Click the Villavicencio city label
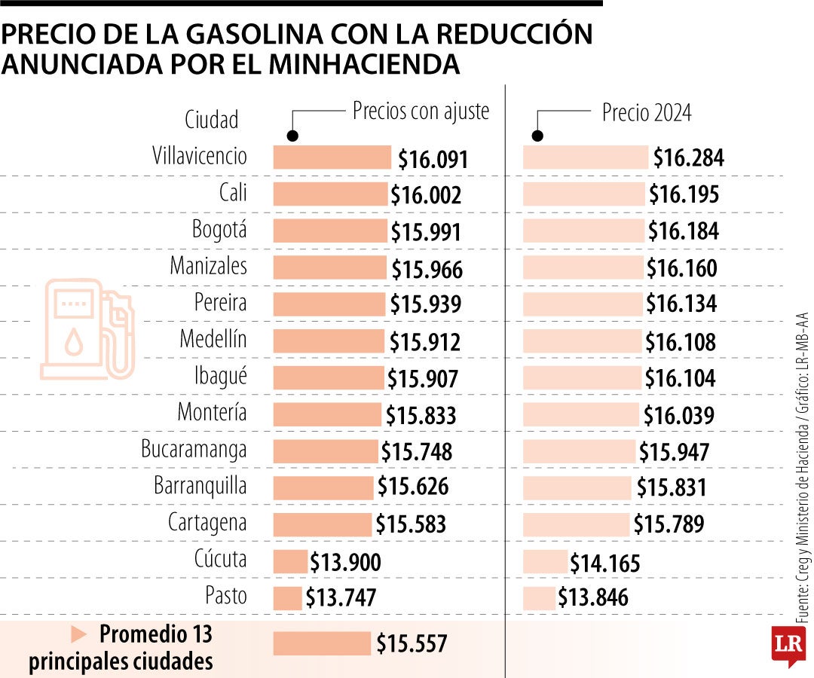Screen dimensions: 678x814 point(199,156)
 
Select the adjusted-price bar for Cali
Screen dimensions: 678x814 point(330,194)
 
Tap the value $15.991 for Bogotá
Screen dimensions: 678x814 point(425,232)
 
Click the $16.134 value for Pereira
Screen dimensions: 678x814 point(681,304)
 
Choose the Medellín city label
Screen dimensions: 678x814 point(213,340)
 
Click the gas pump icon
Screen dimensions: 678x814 point(87,328)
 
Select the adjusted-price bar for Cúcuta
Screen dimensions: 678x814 point(290,561)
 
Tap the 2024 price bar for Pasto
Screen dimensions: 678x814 point(539,597)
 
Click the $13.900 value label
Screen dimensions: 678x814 point(346,563)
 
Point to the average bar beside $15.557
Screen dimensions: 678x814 point(322,643)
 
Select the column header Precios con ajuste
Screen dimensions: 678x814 point(421,111)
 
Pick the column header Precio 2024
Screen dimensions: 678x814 point(646,113)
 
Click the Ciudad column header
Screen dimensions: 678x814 point(212,119)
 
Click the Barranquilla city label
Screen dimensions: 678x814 point(200,485)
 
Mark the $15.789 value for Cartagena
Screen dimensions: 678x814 point(668,524)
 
